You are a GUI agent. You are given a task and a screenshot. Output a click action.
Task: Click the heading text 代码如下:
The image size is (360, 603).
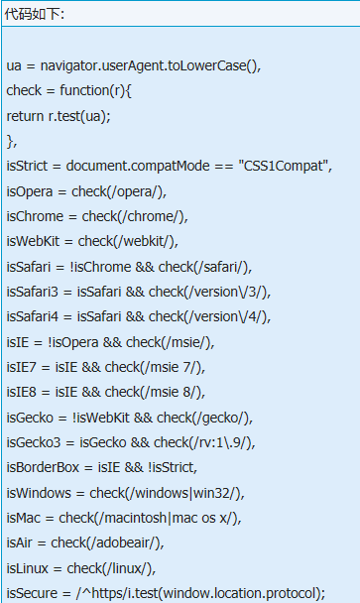tap(35, 14)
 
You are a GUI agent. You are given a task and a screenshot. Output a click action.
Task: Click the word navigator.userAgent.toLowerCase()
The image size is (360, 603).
tap(151, 65)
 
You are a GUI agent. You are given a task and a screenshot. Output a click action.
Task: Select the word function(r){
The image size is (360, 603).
tap(95, 91)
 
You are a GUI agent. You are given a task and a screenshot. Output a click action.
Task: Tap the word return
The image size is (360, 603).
tap(25, 116)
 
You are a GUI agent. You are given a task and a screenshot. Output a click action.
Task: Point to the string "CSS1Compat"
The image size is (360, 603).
tap(284, 167)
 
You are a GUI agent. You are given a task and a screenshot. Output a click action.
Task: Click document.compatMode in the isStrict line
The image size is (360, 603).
tap(138, 167)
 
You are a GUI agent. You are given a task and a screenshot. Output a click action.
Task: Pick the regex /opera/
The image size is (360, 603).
tap(135, 191)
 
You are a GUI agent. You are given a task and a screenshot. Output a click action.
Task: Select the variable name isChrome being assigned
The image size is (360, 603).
tap(35, 216)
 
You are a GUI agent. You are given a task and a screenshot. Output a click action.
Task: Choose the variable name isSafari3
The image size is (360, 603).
tap(32, 292)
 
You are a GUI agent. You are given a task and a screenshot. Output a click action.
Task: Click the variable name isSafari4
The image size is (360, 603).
tap(32, 316)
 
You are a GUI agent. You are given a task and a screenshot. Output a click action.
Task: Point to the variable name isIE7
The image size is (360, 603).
tap(21, 367)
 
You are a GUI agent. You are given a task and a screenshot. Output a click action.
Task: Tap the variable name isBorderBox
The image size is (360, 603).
tap(43, 467)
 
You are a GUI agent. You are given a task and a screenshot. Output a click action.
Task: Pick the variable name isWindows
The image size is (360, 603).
tap(39, 493)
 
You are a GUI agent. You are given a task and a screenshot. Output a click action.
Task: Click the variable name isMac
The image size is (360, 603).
tap(23, 518)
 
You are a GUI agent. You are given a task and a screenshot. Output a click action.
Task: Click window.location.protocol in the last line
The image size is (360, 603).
tap(241, 593)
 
